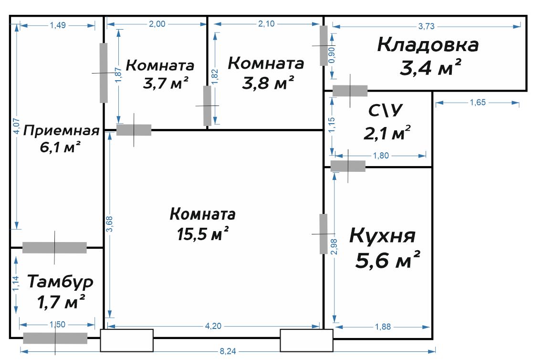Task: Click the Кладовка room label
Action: coord(428,44)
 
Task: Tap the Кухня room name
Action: coord(382,235)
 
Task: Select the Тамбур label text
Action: coord(60,282)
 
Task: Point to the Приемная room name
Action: coord(61,130)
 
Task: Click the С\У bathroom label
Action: coord(386,110)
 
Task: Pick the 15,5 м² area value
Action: coord(203,234)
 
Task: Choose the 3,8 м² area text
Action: coord(268,83)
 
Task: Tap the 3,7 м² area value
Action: coord(166,83)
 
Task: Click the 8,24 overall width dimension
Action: coord(228,351)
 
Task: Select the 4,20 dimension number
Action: coord(213,326)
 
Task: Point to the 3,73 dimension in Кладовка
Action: coord(426,26)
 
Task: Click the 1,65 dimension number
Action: coord(478,103)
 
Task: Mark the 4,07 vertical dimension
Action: coord(17,126)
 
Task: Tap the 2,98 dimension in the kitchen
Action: coord(334,246)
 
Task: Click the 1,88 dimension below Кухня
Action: coord(383,327)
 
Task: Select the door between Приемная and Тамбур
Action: coord(54,248)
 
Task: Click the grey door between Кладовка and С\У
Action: coord(350,91)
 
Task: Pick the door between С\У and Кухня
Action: coord(348,166)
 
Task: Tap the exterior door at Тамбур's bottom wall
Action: coord(55,338)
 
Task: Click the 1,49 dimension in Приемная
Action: coord(58,25)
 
